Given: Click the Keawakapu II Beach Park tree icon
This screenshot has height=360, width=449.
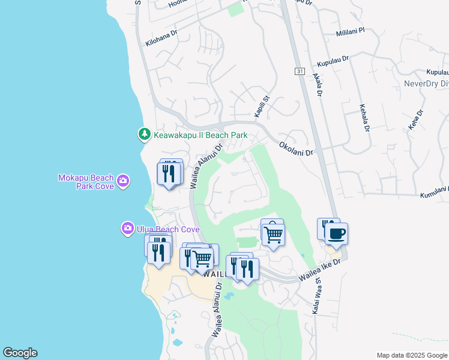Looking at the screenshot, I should [x=144, y=134].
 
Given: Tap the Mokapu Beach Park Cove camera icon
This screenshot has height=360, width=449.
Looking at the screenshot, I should [x=123, y=181].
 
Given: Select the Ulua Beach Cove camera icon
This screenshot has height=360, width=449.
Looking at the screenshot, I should [x=127, y=229].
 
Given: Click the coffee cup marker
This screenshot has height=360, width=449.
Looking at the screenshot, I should [x=336, y=233].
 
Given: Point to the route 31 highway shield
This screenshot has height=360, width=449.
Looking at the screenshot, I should [x=300, y=71].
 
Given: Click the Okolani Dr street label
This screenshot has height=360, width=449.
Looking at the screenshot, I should [x=297, y=149].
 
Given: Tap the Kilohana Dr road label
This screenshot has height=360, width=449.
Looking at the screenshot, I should [x=161, y=38].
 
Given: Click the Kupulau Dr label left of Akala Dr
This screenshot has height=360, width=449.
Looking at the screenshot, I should [x=334, y=62].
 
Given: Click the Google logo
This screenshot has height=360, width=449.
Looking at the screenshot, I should [x=20, y=353].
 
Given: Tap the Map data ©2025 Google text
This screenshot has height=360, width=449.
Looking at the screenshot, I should [x=411, y=355].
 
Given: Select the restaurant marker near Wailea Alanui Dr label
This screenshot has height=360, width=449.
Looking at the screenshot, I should [x=170, y=173].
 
